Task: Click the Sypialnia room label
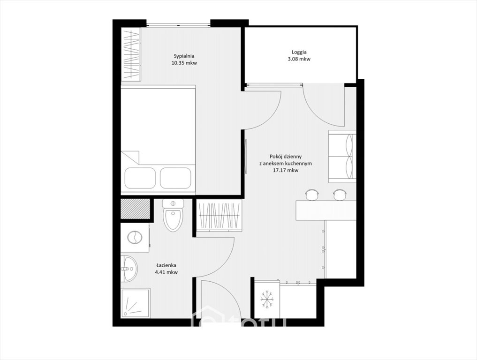pyautogui.click(x=184, y=56)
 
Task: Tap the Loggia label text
pyautogui.click(x=299, y=52)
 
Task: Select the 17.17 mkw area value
pyautogui.click(x=286, y=171)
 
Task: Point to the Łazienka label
pyautogui.click(x=167, y=265)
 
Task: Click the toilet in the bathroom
pyautogui.click(x=173, y=215)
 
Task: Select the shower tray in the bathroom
pyautogui.click(x=136, y=303)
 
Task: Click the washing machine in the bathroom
pyautogui.click(x=135, y=238)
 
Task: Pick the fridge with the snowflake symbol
pyautogui.click(x=267, y=299)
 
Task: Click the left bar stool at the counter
pyautogui.click(x=312, y=195)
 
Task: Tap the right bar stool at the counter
pyautogui.click(x=340, y=195)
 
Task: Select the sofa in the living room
pyautogui.click(x=342, y=157)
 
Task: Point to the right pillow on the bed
pyautogui.click(x=176, y=178)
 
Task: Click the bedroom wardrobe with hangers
pyautogui.click(x=131, y=54)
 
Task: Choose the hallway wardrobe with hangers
pyautogui.click(x=219, y=216)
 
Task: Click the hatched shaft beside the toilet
pyautogui.click(x=136, y=209)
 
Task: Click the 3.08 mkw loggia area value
pyautogui.click(x=299, y=59)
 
